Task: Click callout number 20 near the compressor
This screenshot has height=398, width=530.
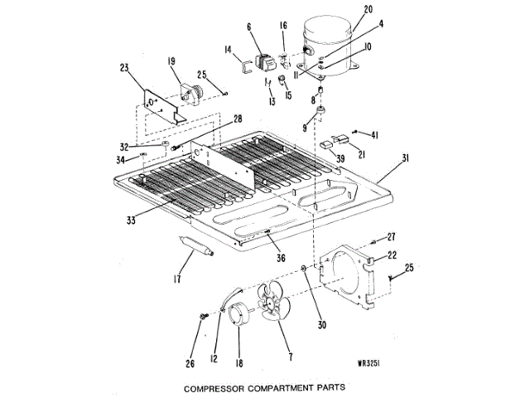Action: (x=344, y=10)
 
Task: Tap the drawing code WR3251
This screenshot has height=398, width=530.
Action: (x=375, y=362)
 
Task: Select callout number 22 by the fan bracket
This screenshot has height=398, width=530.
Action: (x=392, y=255)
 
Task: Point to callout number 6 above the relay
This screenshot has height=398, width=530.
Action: (x=248, y=27)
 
